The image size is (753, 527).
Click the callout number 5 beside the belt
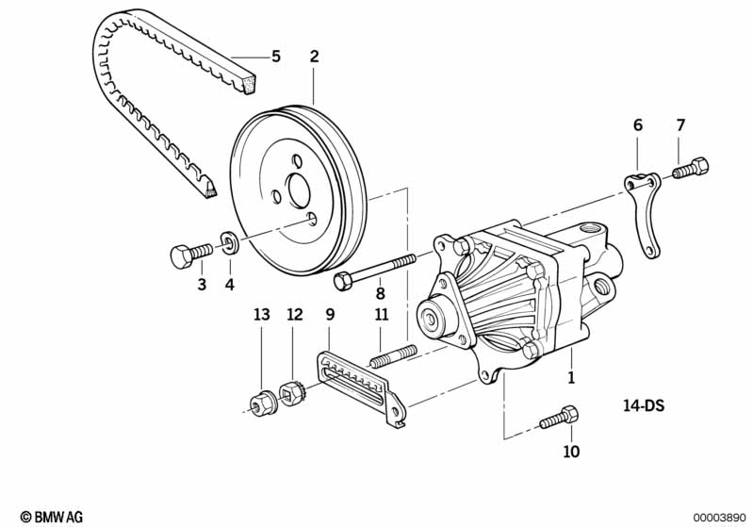(275, 57)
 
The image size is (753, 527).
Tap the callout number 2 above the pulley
(314, 57)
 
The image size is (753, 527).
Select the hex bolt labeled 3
(191, 255)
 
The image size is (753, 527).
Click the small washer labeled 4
(229, 242)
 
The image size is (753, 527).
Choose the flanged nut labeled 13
(261, 404)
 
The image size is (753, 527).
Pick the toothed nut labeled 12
(291, 393)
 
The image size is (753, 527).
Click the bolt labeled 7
(691, 168)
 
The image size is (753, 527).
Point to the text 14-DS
(644, 405)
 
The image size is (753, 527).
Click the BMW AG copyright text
(52, 517)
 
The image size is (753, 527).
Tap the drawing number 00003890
(719, 518)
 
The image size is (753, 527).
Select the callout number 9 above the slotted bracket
(330, 315)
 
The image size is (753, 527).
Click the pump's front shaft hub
(433, 318)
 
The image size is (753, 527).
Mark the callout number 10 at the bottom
(571, 451)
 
